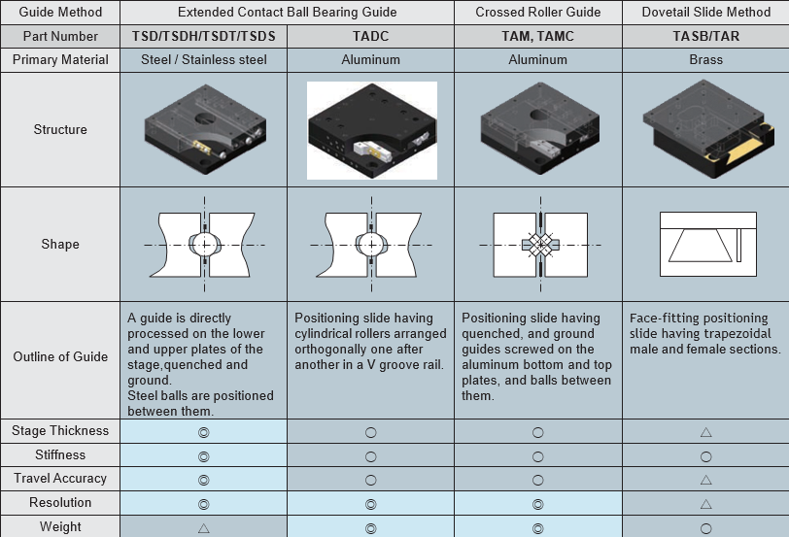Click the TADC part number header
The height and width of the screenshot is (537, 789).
[370, 36]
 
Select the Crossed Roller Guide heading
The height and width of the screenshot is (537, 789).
[538, 12]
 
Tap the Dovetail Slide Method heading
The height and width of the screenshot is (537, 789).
[706, 12]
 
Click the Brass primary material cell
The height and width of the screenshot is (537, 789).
[706, 60]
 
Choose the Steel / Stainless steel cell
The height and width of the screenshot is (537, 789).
[204, 60]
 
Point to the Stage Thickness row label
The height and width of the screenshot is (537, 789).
[60, 431]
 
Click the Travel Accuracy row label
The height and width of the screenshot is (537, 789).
[60, 479]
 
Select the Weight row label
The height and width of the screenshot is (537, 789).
[60, 526]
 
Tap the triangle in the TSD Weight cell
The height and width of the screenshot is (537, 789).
[204, 528]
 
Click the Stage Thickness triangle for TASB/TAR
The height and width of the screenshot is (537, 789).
[706, 432]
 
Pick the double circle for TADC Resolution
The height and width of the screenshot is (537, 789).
[371, 504]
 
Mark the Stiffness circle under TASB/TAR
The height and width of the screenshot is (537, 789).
[706, 456]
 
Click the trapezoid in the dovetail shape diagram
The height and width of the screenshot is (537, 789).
[700, 246]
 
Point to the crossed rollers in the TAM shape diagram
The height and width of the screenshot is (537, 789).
[540, 245]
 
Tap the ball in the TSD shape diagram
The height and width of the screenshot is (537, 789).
[205, 245]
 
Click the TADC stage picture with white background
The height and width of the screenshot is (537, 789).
[372, 130]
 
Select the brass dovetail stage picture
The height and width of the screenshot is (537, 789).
[708, 129]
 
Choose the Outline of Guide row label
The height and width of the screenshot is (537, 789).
[60, 356]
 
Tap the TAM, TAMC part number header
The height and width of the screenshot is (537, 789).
[538, 36]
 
